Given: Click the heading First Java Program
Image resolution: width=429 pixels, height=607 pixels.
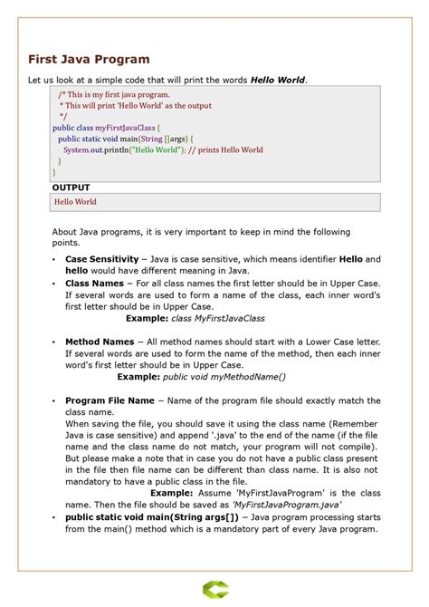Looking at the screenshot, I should click(x=89, y=59).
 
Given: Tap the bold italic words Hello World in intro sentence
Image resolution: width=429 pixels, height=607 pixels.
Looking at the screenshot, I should click(x=278, y=81).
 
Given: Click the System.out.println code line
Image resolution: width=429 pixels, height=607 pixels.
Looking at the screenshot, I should click(x=163, y=149).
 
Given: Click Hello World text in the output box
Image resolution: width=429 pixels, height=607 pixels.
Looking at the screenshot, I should click(x=75, y=202).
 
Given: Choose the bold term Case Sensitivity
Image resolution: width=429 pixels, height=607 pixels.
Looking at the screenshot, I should click(x=101, y=259).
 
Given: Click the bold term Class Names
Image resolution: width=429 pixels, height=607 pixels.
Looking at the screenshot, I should click(x=94, y=284).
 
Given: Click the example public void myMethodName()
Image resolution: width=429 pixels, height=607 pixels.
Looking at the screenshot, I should click(x=224, y=377).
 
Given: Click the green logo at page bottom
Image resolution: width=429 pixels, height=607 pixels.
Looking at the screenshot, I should click(x=214, y=591).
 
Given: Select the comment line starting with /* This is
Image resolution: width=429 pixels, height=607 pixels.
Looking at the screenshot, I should click(x=113, y=94).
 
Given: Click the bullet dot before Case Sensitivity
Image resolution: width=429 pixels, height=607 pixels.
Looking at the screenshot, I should click(x=54, y=260).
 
